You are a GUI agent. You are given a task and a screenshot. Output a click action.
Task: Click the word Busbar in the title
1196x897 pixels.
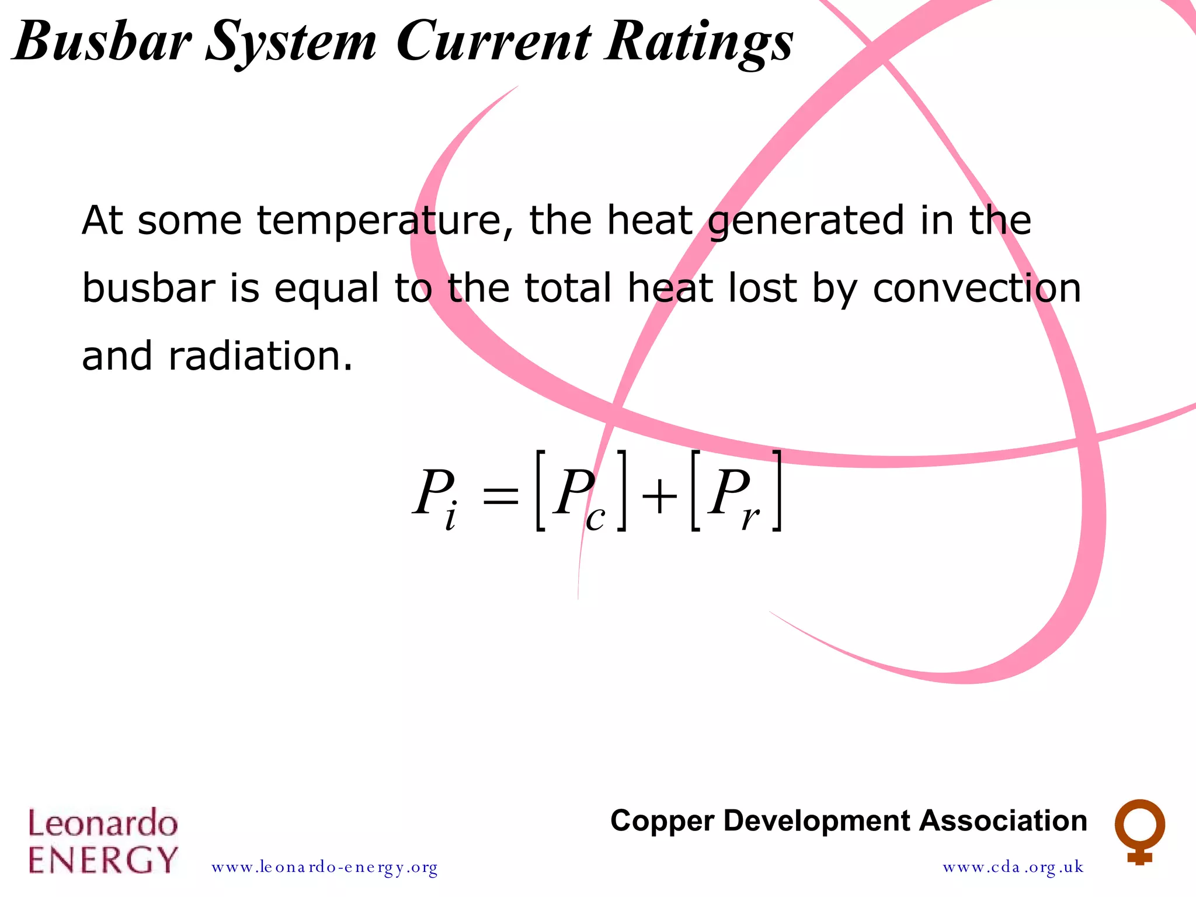[x=102, y=41]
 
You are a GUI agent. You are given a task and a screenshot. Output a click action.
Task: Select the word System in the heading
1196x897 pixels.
[x=291, y=42]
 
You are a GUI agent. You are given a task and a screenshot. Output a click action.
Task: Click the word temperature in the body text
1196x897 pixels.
[x=386, y=221]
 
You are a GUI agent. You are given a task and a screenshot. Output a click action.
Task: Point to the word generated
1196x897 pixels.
[x=806, y=221]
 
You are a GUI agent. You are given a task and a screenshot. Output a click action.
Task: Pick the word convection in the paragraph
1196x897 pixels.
[x=976, y=288]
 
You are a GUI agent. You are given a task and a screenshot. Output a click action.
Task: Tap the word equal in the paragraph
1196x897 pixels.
[x=327, y=288]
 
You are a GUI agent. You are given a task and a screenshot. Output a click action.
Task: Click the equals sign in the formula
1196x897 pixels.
[x=500, y=496]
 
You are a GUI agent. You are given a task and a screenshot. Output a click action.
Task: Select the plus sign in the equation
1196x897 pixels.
[x=659, y=496]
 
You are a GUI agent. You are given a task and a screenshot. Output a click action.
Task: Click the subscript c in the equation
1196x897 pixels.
[x=596, y=517]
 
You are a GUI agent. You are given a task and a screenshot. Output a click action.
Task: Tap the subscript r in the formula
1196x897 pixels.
[x=750, y=517]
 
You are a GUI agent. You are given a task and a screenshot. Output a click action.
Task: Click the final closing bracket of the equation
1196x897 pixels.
[x=777, y=491]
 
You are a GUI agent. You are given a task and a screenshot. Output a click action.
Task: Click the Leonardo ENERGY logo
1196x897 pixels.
[x=103, y=841]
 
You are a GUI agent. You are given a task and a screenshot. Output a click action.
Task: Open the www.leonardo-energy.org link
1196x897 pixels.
[x=325, y=867]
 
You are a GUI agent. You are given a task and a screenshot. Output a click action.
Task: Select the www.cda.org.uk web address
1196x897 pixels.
[x=1013, y=867]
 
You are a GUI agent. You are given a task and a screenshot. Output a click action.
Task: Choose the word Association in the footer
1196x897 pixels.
[x=1003, y=821]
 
